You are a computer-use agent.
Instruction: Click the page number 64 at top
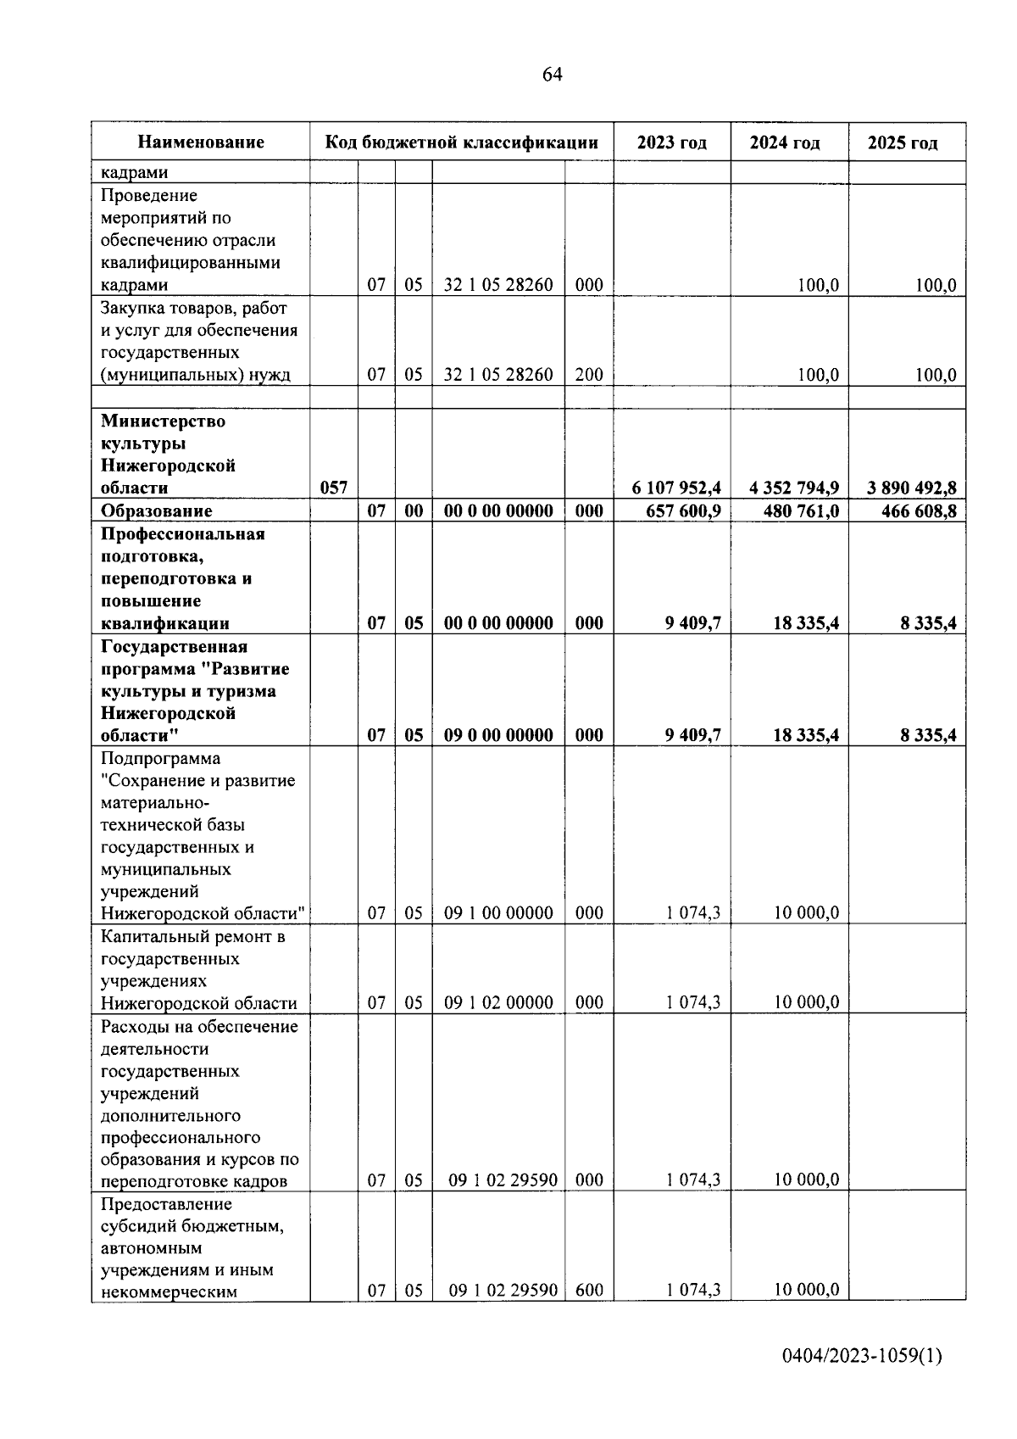point(552,75)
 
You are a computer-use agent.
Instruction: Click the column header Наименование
point(201,142)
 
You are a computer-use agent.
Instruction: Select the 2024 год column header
point(784,142)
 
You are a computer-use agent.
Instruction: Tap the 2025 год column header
point(903,142)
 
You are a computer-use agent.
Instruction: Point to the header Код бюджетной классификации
point(462,142)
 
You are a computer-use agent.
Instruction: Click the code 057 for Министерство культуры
point(333,488)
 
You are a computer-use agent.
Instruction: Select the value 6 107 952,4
point(675,488)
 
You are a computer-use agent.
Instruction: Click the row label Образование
point(156,510)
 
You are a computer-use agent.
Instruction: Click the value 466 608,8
point(917,510)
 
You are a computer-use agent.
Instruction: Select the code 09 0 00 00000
point(498,735)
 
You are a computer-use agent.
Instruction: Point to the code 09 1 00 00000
point(498,913)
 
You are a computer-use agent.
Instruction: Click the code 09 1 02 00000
point(498,1002)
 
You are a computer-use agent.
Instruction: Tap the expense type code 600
point(589,1291)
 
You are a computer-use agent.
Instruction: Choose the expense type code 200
point(589,375)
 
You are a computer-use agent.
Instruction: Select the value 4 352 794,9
point(794,488)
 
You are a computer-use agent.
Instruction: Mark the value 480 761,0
point(801,510)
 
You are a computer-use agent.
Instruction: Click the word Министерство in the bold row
point(163,421)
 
